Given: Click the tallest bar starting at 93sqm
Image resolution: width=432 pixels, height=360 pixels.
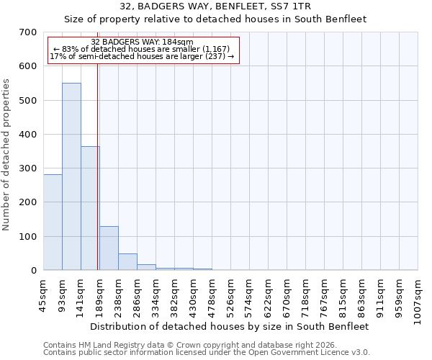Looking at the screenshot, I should [x=71, y=176].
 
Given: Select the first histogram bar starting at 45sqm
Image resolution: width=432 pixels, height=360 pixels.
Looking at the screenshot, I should [x=53, y=222].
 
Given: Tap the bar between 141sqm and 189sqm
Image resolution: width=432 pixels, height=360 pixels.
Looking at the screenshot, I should [x=90, y=208].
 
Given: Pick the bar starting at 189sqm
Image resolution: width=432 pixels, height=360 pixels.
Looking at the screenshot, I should [x=109, y=248].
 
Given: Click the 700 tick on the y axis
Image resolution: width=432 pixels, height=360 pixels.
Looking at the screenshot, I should [x=28, y=32].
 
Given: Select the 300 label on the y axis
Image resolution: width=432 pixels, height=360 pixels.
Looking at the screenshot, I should [x=28, y=168].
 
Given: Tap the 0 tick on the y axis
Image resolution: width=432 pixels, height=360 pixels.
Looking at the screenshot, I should [x=33, y=271].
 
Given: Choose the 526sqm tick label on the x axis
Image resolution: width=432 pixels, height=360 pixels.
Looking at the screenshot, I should [x=230, y=295].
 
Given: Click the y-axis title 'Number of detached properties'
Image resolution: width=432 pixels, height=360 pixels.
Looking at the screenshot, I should [x=7, y=154].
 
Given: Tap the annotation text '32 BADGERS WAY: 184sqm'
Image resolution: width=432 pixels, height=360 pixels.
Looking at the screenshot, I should [x=143, y=42].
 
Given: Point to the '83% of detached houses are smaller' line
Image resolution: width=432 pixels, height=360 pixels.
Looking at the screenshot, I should [x=142, y=49].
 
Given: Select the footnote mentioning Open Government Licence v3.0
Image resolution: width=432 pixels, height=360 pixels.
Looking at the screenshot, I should [x=207, y=352].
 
